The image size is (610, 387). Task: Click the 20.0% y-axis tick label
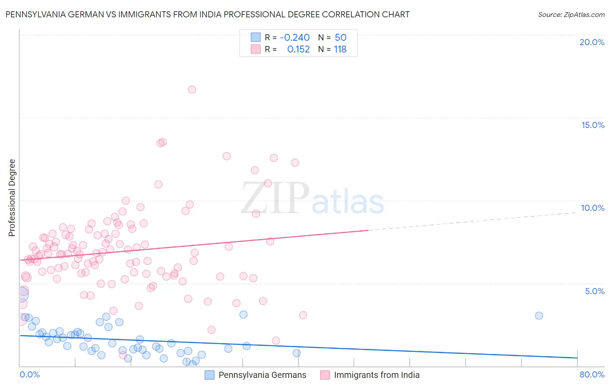[x=592, y=42]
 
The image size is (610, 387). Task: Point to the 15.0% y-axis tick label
[x=593, y=125]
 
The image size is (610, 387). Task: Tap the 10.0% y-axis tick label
[x=593, y=208]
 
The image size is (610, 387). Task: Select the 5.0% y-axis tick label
[x=594, y=291]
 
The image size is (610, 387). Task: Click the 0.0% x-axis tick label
[x=30, y=375]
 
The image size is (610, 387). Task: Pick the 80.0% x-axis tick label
[x=592, y=375]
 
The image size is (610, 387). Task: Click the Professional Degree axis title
[x=12, y=198]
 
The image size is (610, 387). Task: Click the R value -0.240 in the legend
[x=295, y=37]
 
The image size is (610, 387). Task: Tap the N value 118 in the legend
[x=340, y=49]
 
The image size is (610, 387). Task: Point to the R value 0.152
[x=298, y=49]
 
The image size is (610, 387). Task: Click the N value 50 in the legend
[x=341, y=37]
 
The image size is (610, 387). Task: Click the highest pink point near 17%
[x=192, y=89]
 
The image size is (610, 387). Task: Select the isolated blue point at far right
[x=539, y=315]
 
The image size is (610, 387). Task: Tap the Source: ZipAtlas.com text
[x=571, y=15]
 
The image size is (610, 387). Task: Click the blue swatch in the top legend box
[x=256, y=37]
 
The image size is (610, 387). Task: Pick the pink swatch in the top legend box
[x=256, y=49]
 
